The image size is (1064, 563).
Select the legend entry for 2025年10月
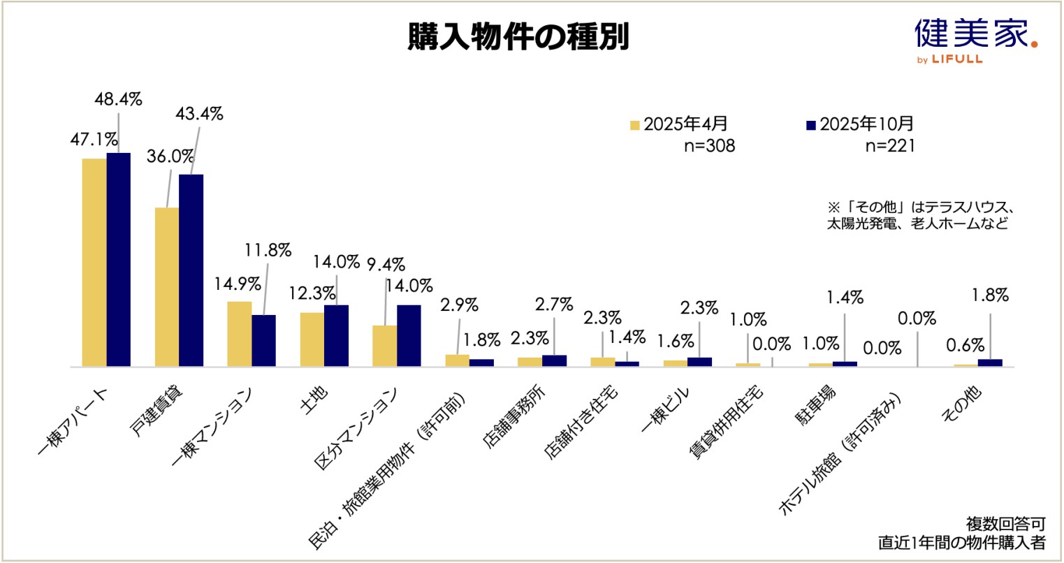pyautogui.click(x=859, y=124)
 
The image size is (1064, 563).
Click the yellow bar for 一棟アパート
pyautogui.click(x=94, y=262)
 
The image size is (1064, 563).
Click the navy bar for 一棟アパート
pyautogui.click(x=118, y=259)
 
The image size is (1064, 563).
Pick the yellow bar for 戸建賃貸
pyautogui.click(x=167, y=286)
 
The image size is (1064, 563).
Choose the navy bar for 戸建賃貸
pyautogui.click(x=191, y=270)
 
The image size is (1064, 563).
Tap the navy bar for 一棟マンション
pyautogui.click(x=263, y=340)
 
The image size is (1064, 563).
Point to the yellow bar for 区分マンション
pyautogui.click(x=384, y=346)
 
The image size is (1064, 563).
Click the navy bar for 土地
pyautogui.click(x=336, y=335)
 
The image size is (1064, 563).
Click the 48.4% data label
pyautogui.click(x=118, y=99)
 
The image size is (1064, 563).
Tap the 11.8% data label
pyautogui.click(x=268, y=251)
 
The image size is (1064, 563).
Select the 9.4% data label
pyautogui.click(x=386, y=264)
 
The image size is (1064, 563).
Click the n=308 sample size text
pyautogui.click(x=708, y=147)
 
